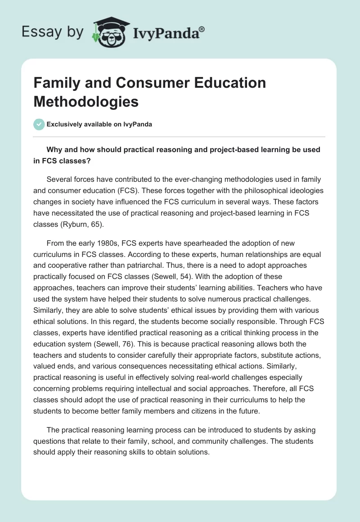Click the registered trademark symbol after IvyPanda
(x=202, y=30)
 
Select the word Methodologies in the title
(x=86, y=102)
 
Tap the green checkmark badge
(x=39, y=125)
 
